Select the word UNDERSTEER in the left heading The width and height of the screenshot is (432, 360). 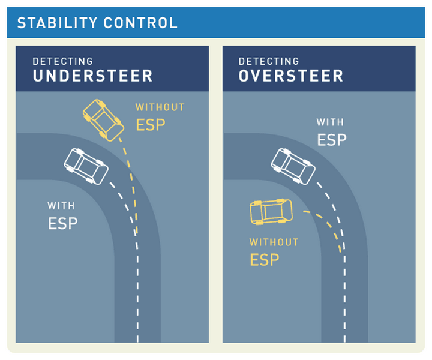coord(92,76)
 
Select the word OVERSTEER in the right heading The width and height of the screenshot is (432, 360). coord(291,76)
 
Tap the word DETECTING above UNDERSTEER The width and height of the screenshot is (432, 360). coord(62,61)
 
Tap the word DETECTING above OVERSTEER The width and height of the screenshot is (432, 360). coord(268,61)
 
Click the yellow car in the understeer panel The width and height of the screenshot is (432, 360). coord(103,119)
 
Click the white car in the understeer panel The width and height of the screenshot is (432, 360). coord(86,166)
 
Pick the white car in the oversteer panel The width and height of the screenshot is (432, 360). coord(293,166)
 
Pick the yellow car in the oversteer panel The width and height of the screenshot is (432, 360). coord(271,211)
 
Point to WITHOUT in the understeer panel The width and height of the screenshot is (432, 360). coord(160,107)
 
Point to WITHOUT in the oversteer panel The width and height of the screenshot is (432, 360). coord(274,242)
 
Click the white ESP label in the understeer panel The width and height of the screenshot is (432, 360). coord(62,223)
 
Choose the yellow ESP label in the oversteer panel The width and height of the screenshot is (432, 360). coord(265,260)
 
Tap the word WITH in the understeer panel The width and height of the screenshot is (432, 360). coord(61,206)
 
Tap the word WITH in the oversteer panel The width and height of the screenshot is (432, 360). coord(330,122)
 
